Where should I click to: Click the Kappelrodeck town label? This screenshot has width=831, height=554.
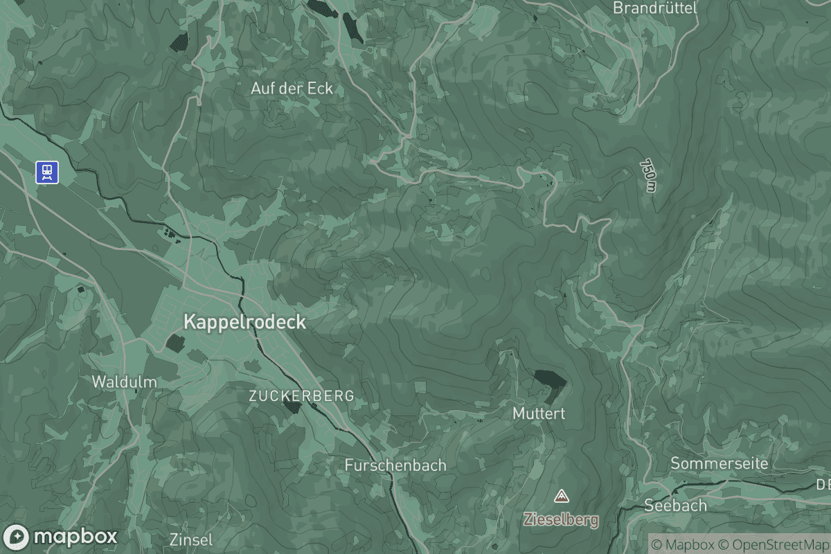(x=244, y=322)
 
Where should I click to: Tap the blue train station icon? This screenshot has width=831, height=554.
(x=47, y=172)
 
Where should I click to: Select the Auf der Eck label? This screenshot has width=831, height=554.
(x=292, y=89)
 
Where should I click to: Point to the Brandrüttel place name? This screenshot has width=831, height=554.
(x=655, y=8)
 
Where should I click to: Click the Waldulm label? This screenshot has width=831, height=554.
(x=125, y=382)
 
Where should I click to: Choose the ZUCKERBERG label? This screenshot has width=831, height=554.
(x=301, y=396)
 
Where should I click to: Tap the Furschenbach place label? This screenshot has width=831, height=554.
(x=395, y=465)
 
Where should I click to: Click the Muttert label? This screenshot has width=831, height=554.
(x=539, y=413)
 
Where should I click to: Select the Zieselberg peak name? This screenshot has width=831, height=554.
(x=561, y=519)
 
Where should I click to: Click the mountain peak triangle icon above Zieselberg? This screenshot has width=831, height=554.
(x=561, y=496)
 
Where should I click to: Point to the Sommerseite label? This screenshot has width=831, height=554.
(x=720, y=463)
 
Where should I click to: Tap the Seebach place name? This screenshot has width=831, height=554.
(x=675, y=506)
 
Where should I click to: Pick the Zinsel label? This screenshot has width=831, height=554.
(x=191, y=539)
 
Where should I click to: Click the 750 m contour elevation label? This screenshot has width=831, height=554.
(x=647, y=176)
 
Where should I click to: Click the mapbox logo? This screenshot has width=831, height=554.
(x=61, y=537)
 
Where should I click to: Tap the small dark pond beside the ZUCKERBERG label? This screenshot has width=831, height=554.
(x=293, y=407)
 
